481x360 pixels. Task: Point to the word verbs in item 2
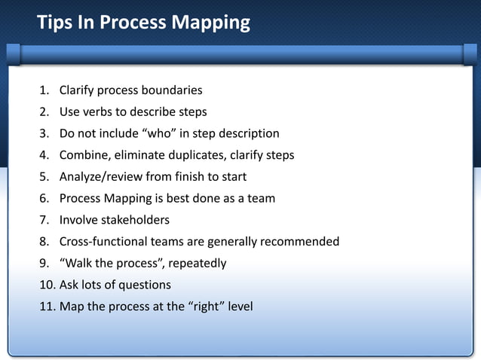click(x=100, y=112)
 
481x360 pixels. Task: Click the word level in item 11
click(x=240, y=307)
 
